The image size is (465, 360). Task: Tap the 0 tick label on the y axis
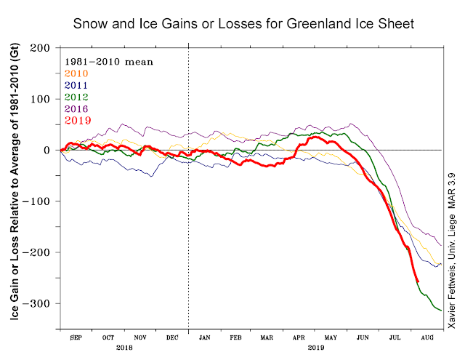tap(48, 150)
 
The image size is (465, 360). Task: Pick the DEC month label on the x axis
tap(171, 338)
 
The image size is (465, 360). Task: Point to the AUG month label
tap(428, 338)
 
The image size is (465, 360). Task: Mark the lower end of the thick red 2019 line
tap(418, 281)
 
